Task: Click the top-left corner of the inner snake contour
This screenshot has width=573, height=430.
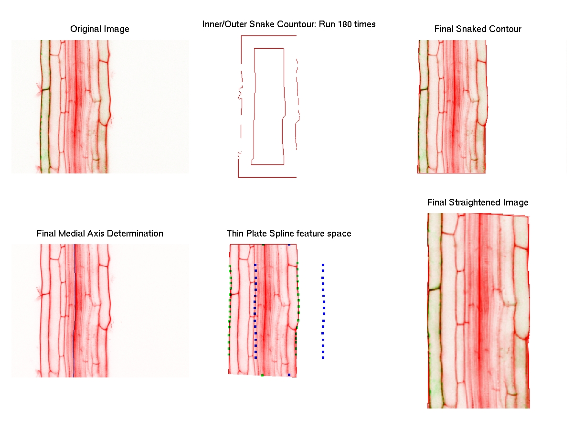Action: click(254, 49)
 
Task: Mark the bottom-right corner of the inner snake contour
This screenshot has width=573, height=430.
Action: click(284, 164)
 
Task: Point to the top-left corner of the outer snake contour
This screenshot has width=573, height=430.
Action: click(242, 36)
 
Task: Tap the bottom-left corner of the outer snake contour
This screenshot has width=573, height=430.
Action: click(238, 177)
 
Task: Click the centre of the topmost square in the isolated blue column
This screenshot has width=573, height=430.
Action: click(323, 265)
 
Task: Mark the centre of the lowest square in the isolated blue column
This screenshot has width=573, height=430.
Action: click(323, 358)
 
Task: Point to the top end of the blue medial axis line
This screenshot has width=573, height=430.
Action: click(74, 245)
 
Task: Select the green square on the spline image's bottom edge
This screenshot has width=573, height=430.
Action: click(262, 375)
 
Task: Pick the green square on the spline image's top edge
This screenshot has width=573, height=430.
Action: click(264, 245)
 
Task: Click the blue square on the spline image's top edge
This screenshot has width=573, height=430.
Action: click(289, 245)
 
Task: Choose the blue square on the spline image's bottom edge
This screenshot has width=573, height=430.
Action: click(289, 375)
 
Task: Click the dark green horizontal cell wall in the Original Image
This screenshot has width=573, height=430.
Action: click(45, 89)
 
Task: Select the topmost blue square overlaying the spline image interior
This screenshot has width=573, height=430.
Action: click(255, 265)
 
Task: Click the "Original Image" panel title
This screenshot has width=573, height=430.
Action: click(100, 29)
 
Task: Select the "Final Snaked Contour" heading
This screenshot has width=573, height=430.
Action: click(477, 29)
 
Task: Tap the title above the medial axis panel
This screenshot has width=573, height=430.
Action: click(100, 234)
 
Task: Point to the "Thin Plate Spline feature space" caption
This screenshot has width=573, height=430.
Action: click(289, 234)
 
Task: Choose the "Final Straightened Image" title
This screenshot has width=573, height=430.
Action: click(477, 203)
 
